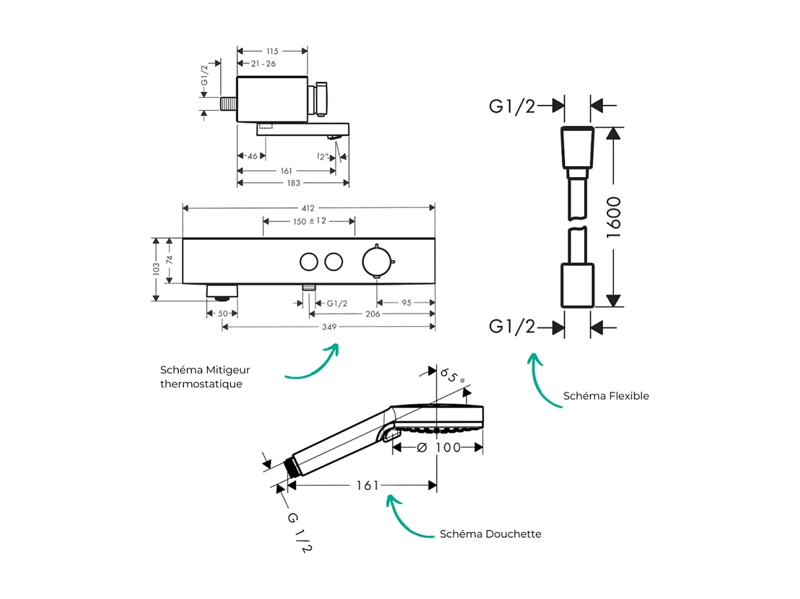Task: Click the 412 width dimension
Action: click(308, 209)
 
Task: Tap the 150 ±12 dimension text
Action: click(309, 221)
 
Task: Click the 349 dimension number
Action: click(330, 327)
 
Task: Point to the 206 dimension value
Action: click(372, 314)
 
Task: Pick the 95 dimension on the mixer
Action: click(407, 302)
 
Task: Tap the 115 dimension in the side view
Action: click(272, 51)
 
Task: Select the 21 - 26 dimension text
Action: click(263, 63)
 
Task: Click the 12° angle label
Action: click(322, 156)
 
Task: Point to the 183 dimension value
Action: click(293, 183)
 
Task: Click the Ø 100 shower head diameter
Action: click(438, 447)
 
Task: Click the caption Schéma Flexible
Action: click(606, 396)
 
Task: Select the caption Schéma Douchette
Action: click(490, 534)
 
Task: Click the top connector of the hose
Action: click(577, 149)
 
